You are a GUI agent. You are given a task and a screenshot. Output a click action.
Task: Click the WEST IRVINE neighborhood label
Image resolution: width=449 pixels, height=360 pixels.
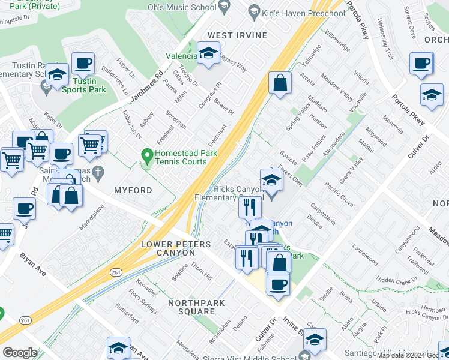coord(237,35)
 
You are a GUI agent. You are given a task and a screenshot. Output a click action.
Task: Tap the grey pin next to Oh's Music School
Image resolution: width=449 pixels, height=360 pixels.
coord(225,7)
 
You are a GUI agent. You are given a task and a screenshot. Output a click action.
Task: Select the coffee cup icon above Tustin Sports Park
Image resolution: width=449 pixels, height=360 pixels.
coord(83,63)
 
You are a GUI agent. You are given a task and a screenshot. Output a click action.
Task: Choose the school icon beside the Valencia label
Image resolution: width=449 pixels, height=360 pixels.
coord(208,53)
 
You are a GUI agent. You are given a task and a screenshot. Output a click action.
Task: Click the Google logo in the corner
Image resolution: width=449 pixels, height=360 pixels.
coord(20,353)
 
